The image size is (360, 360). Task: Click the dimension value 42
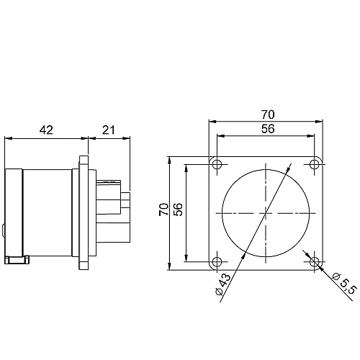(46, 130)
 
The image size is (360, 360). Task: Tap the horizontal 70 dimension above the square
(266, 114)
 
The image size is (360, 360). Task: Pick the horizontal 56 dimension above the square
(266, 130)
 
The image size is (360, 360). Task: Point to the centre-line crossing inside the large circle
(266, 213)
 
